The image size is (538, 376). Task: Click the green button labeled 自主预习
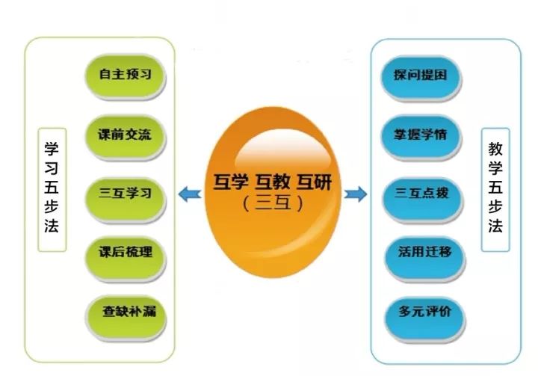pyautogui.click(x=126, y=77)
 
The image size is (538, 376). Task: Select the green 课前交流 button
pyautogui.click(x=126, y=137)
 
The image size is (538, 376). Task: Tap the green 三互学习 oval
pyautogui.click(x=126, y=199)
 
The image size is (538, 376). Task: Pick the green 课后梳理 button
pyautogui.click(x=126, y=258)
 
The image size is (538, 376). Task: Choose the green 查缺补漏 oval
pyautogui.click(x=126, y=318)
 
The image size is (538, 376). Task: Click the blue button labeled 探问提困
pyautogui.click(x=421, y=78)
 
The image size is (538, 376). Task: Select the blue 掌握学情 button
pyautogui.click(x=421, y=138)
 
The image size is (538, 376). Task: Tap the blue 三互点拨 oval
pyautogui.click(x=423, y=199)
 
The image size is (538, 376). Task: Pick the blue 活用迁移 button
pyautogui.click(x=424, y=258)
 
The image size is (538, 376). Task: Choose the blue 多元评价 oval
pyautogui.click(x=424, y=318)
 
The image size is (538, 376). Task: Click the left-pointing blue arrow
pyautogui.click(x=190, y=194)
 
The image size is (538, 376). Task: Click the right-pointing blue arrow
pyautogui.click(x=356, y=194)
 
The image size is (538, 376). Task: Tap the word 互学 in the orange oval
pyautogui.click(x=230, y=182)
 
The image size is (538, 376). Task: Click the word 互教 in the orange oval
pyautogui.click(x=273, y=182)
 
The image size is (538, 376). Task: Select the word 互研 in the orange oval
pyautogui.click(x=315, y=182)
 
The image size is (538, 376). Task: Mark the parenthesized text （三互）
pyautogui.click(x=273, y=203)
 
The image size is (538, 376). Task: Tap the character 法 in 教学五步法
pyautogui.click(x=495, y=226)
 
